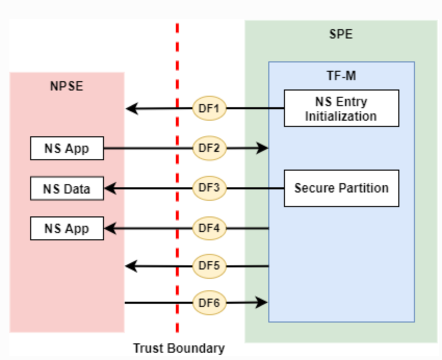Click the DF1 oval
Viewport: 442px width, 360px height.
pos(210,109)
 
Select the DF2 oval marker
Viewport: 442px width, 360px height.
pos(210,148)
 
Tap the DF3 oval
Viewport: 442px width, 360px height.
pos(210,188)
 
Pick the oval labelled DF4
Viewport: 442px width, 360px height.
pos(210,227)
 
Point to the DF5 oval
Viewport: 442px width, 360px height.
pos(210,266)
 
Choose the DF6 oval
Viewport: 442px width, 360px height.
pos(210,302)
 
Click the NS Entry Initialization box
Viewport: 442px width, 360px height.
pos(341,108)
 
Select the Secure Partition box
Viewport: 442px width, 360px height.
pos(341,188)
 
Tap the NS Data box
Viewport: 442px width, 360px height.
pos(67,188)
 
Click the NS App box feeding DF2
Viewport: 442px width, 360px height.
pos(67,149)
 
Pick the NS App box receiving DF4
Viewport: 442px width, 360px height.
pos(67,228)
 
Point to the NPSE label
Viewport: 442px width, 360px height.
pos(67,86)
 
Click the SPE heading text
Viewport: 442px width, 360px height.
pos(341,35)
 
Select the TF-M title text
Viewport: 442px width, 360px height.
pos(341,76)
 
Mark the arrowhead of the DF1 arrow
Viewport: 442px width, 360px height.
pos(131,109)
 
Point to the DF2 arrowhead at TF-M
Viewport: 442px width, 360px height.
pos(264,148)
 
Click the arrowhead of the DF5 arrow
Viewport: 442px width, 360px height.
pos(131,266)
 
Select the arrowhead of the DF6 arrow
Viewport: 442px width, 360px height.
pos(264,302)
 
